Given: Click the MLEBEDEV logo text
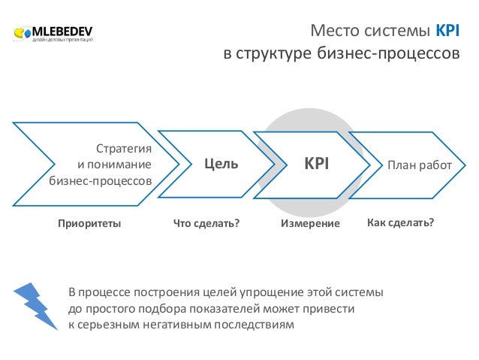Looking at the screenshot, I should click(x=63, y=32).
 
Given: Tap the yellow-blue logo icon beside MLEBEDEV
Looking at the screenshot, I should click(x=23, y=34).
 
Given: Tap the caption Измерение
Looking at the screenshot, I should click(x=310, y=224).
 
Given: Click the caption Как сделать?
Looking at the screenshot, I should click(x=402, y=223).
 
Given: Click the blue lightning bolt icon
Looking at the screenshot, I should click(x=38, y=304).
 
